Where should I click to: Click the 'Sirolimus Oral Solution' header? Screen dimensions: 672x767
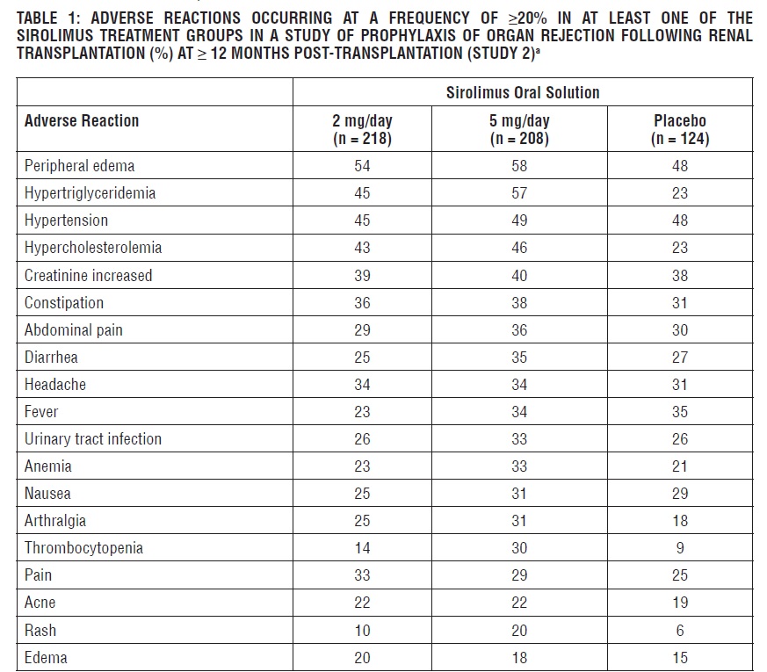(x=523, y=92)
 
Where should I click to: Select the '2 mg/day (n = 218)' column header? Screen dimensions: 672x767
(x=362, y=129)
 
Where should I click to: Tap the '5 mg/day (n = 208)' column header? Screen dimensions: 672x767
(x=519, y=129)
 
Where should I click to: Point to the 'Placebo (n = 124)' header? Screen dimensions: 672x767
(x=679, y=129)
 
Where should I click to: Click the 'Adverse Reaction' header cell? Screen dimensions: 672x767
(x=82, y=121)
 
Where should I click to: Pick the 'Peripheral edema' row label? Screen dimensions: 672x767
(x=80, y=165)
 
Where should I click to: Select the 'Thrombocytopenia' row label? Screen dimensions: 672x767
(x=83, y=547)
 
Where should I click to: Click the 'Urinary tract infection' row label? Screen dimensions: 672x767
(x=93, y=438)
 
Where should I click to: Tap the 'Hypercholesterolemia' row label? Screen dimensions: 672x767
(x=93, y=248)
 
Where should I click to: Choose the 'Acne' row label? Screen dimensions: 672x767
(x=40, y=603)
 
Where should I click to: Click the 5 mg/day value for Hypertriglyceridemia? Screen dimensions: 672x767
(x=519, y=193)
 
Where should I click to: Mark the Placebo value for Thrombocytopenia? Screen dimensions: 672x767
(x=679, y=548)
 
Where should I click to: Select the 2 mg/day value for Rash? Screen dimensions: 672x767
(x=362, y=630)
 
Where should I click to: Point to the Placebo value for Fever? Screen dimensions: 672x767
(x=679, y=412)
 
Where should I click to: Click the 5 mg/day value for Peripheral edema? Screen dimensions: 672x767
(x=519, y=166)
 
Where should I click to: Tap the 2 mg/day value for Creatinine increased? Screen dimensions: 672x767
(x=362, y=276)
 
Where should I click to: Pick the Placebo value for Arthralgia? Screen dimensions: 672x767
(x=679, y=521)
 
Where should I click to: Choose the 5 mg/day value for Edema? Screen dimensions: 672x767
(x=519, y=658)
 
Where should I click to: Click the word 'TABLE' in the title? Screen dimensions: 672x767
(x=36, y=18)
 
